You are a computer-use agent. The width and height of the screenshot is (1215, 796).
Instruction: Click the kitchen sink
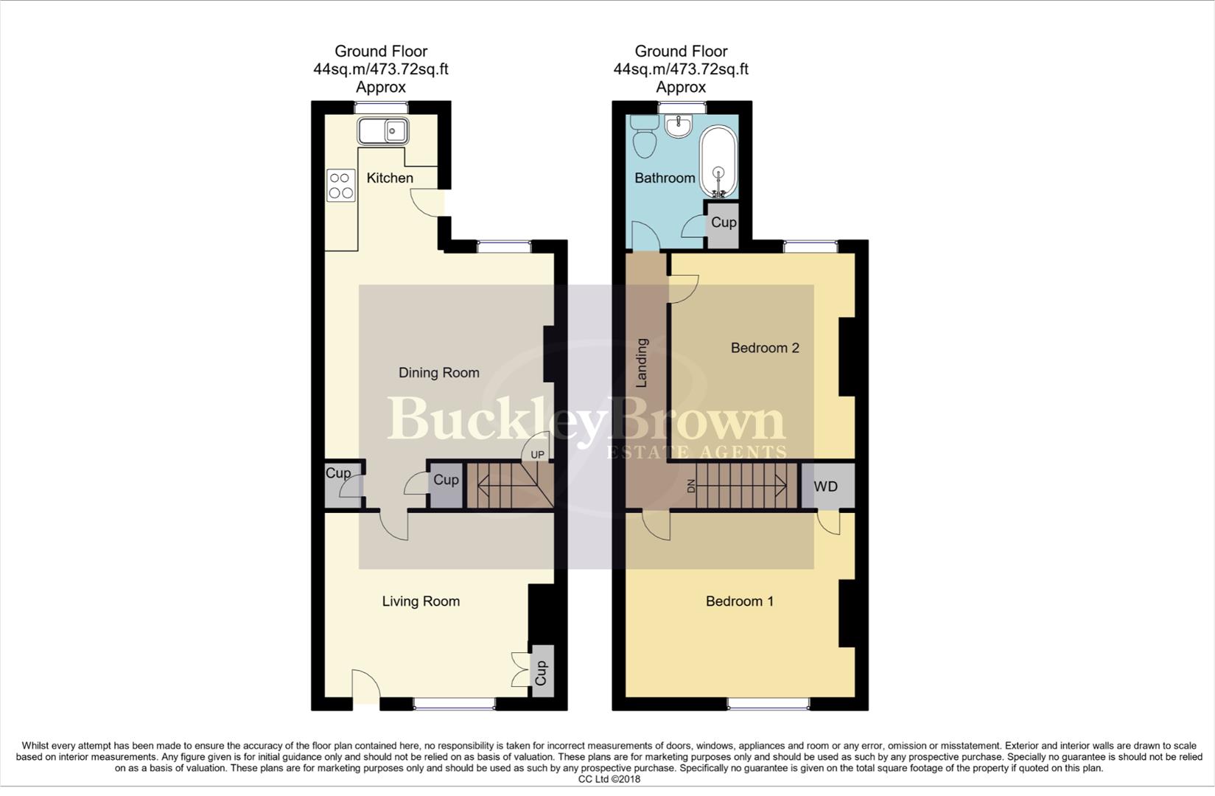tap(383, 131)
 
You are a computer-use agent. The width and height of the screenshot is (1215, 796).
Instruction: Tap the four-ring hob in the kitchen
tap(340, 186)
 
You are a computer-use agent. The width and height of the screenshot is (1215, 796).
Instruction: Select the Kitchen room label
tap(390, 178)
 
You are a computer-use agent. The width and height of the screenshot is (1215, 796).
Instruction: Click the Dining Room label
tap(438, 373)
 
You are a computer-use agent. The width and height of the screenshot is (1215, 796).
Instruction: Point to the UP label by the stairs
tap(537, 455)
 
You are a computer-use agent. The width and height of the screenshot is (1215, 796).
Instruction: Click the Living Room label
tap(421, 601)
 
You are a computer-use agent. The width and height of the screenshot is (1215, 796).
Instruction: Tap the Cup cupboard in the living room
tap(542, 671)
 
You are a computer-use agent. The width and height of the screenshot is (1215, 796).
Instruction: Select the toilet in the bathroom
tap(645, 136)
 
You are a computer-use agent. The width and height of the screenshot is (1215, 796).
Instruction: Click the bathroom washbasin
tap(677, 126)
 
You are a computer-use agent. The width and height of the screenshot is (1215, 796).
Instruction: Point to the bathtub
tap(718, 162)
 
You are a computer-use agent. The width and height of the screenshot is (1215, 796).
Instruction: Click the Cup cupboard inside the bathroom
tap(723, 223)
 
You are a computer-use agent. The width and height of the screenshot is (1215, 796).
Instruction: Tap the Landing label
tap(642, 363)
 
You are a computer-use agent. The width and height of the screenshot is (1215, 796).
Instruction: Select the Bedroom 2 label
tap(765, 348)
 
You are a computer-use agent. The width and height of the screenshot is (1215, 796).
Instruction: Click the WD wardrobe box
tap(826, 486)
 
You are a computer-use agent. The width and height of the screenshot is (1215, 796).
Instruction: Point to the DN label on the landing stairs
tap(691, 486)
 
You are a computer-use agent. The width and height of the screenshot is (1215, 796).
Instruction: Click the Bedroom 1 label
tap(740, 601)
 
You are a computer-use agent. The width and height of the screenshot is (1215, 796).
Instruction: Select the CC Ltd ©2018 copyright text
tap(609, 779)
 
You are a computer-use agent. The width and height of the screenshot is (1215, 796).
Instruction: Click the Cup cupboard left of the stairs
tap(446, 481)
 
